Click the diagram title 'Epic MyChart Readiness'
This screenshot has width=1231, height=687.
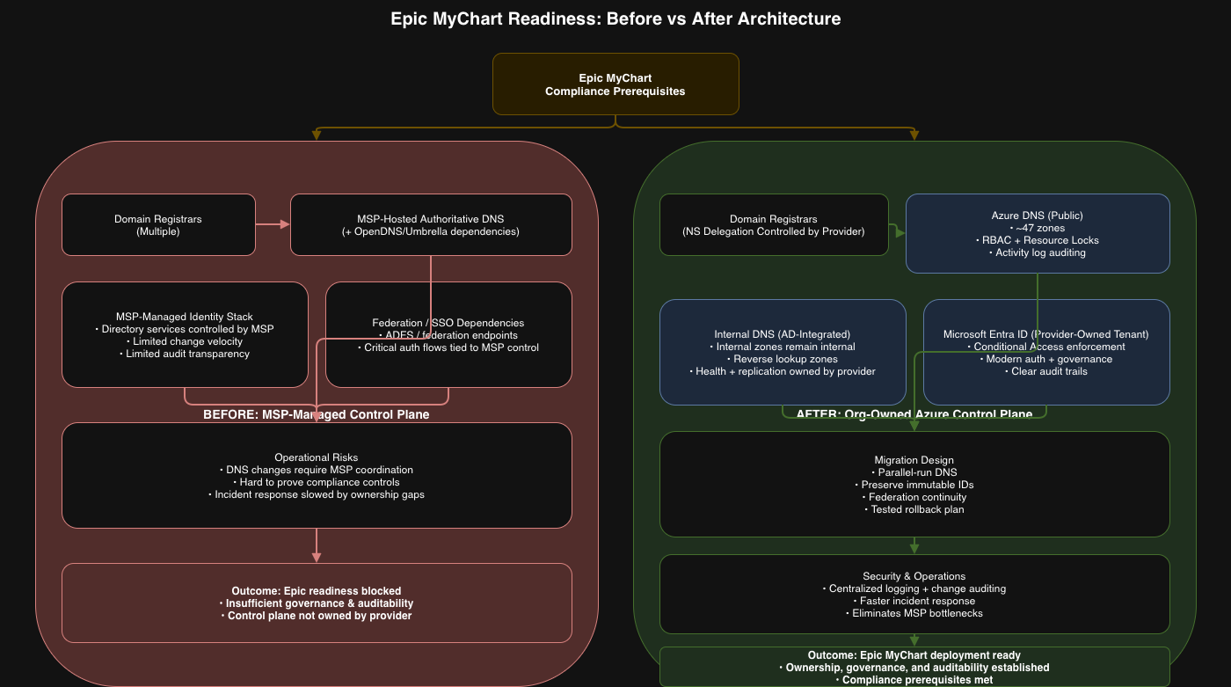pyautogui.click(x=615, y=18)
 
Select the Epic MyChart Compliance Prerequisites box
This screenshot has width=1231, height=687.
pyautogui.click(x=615, y=84)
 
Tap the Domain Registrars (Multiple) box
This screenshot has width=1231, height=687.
pyautogui.click(x=158, y=225)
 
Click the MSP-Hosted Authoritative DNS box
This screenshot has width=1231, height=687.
pyautogui.click(x=431, y=225)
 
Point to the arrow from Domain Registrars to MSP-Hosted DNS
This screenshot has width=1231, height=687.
pyautogui.click(x=273, y=224)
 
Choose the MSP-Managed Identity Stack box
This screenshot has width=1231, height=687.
pyautogui.click(x=185, y=334)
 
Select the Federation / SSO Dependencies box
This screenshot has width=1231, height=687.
pyautogui.click(x=448, y=334)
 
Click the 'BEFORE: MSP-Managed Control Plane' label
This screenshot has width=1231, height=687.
pyautogui.click(x=316, y=414)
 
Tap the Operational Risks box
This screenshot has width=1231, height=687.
pyautogui.click(x=317, y=475)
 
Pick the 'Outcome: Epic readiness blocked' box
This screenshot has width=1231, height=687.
pyautogui.click(x=317, y=603)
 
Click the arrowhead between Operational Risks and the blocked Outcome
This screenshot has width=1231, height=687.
pyautogui.click(x=317, y=557)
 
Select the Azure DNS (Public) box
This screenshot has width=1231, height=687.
pyautogui.click(x=1038, y=233)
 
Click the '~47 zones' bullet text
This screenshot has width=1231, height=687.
pyautogui.click(x=1038, y=228)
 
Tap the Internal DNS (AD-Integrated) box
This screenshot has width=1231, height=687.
pyautogui.click(x=783, y=352)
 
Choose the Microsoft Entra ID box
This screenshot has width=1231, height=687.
pyautogui.click(x=1046, y=352)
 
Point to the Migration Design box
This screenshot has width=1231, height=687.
pyautogui.click(x=914, y=484)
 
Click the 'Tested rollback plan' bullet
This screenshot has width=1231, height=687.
pyautogui.click(x=914, y=509)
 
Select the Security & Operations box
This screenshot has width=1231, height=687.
pyautogui.click(x=914, y=594)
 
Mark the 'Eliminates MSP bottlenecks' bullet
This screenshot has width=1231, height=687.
pyautogui.click(x=914, y=613)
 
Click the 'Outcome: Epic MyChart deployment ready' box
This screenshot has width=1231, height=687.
pyautogui.click(x=914, y=667)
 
